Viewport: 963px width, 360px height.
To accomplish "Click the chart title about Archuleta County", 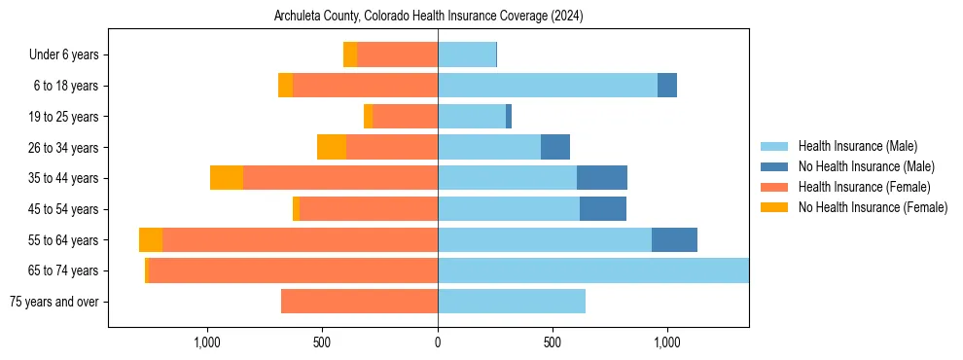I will (x=429, y=17).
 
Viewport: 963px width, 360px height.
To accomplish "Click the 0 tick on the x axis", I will (x=438, y=342).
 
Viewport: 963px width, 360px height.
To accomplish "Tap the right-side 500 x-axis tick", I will (x=553, y=342).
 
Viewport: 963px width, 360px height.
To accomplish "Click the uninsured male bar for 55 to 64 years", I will (x=674, y=240).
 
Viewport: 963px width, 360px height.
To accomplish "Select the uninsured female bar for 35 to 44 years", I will (x=227, y=178).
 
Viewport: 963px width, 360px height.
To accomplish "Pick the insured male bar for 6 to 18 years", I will (x=548, y=86).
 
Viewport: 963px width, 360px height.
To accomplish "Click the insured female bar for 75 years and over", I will (x=359, y=302).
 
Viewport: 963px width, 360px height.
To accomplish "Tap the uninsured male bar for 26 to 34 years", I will (x=555, y=147).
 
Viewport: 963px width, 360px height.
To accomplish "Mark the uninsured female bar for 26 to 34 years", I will (x=332, y=147).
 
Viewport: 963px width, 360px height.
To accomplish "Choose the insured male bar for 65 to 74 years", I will (x=593, y=270).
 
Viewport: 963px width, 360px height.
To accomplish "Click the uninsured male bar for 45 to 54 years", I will (x=603, y=209).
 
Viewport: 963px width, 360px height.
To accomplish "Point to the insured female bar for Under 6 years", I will (x=397, y=54).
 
